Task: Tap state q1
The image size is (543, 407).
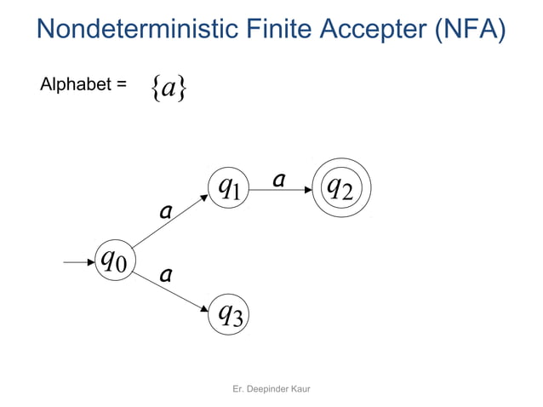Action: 229,186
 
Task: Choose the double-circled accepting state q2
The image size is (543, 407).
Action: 341,186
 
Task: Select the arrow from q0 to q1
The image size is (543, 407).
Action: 169,223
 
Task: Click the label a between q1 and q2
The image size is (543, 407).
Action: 278,180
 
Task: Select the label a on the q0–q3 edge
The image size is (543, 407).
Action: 167,274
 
